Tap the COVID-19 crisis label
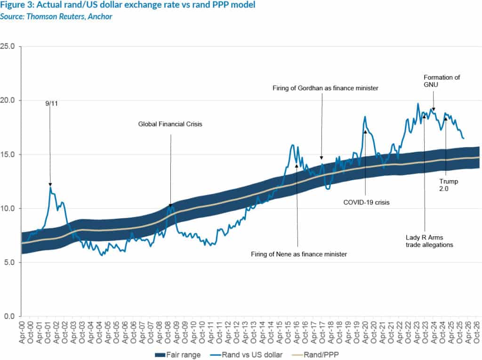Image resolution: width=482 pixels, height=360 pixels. pos(367,202)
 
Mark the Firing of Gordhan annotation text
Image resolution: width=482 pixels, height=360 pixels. pos(326,88)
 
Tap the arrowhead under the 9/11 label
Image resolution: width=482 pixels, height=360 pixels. pos(50,184)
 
